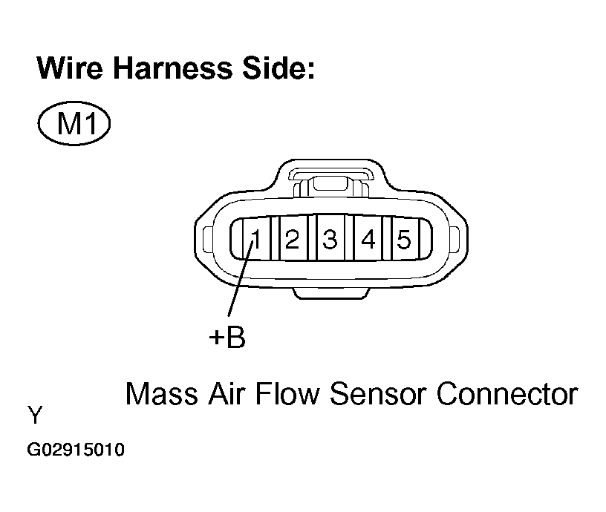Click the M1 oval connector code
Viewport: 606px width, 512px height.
point(74,124)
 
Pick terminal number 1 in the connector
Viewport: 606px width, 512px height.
point(254,239)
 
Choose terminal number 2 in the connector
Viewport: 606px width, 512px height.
point(292,239)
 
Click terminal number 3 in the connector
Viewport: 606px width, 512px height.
point(330,239)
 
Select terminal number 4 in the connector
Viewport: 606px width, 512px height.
point(368,239)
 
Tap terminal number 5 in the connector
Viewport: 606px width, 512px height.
point(403,239)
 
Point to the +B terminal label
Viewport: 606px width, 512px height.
point(227,338)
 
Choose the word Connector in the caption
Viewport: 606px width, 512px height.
point(507,393)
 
